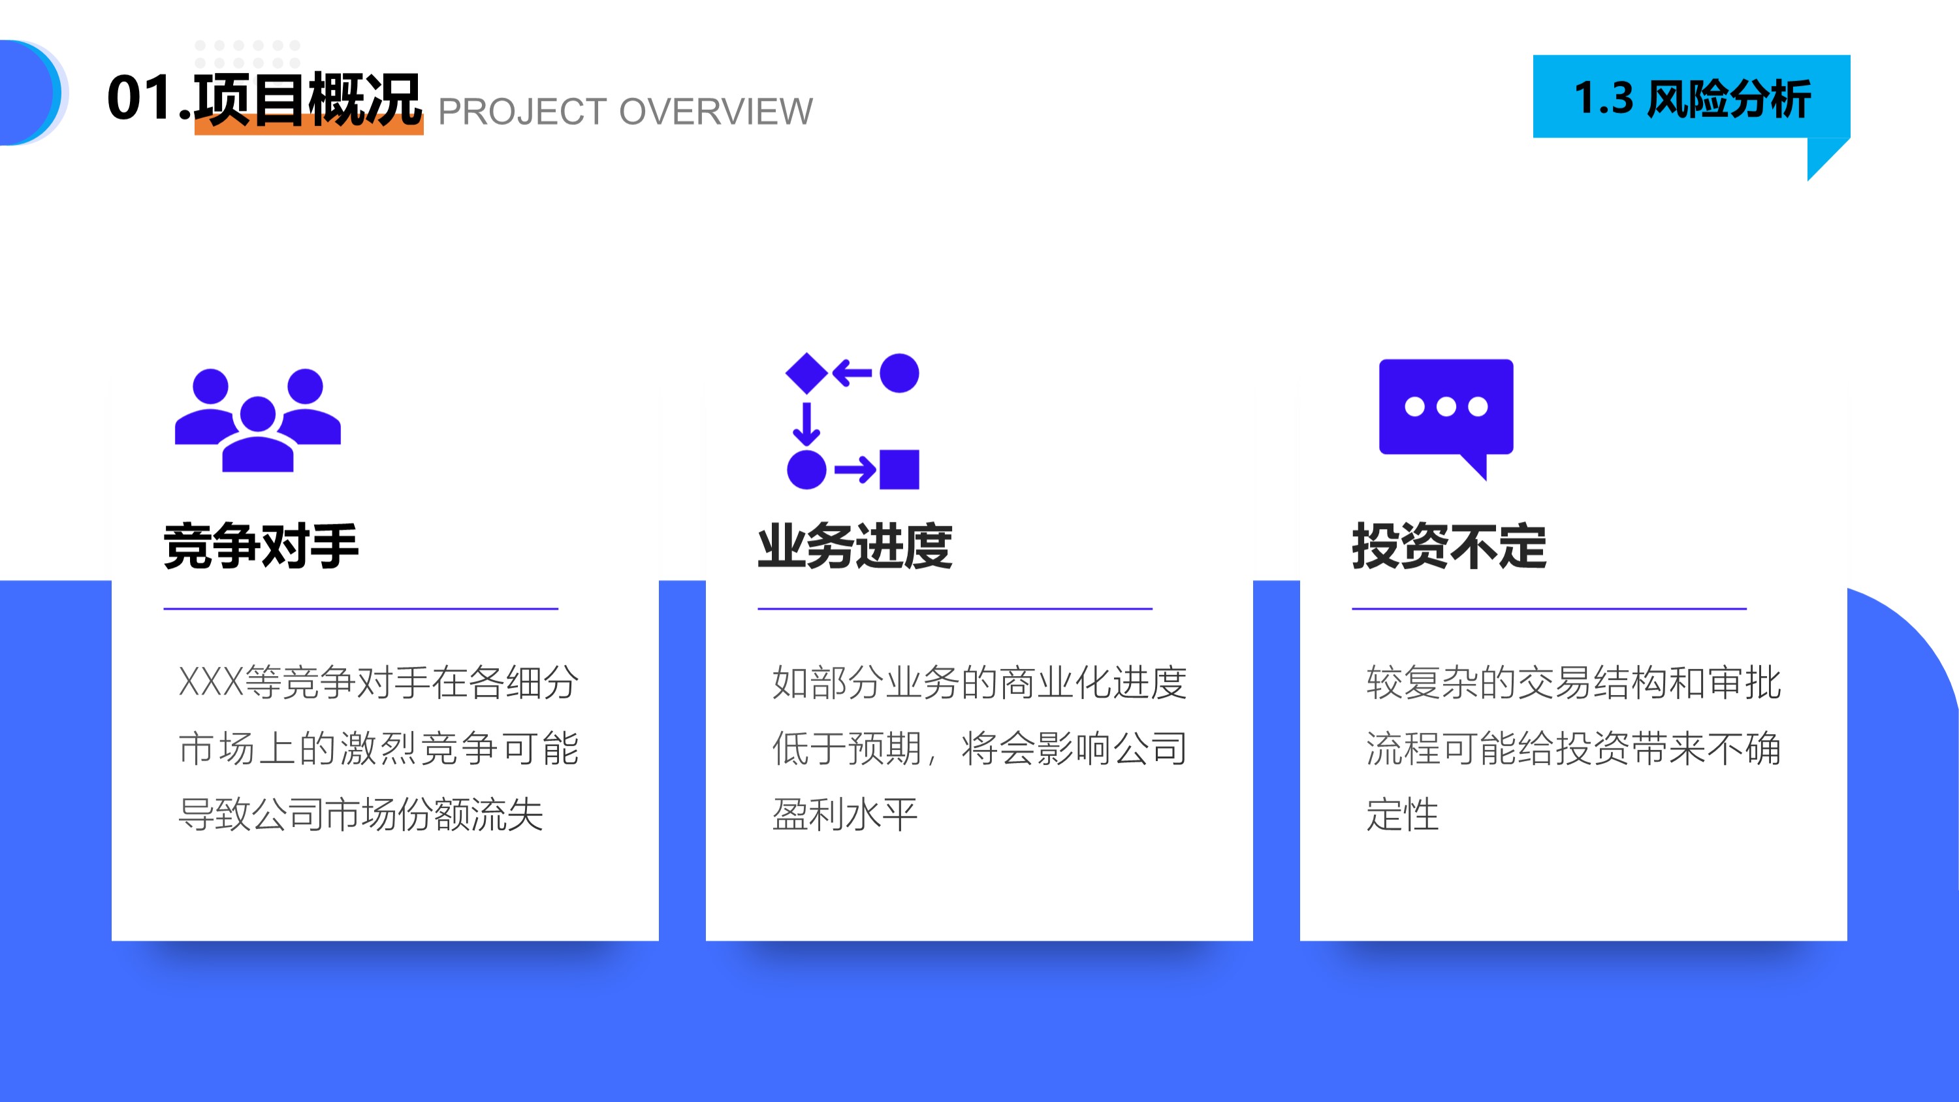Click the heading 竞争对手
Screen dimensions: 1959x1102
261,546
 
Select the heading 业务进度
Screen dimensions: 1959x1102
855,546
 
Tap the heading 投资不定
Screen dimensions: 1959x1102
1449,546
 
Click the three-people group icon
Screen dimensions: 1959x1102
258,421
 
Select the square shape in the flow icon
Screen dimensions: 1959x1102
899,469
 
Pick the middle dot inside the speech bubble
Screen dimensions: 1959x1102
1446,407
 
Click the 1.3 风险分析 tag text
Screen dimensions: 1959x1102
1691,99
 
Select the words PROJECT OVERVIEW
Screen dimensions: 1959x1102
625,112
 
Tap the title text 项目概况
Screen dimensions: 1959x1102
307,98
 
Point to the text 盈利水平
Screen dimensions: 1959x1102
845,815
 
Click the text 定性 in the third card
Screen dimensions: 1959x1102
1403,815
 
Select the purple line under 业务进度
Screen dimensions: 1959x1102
955,608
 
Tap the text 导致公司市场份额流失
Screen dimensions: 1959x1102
361,815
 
